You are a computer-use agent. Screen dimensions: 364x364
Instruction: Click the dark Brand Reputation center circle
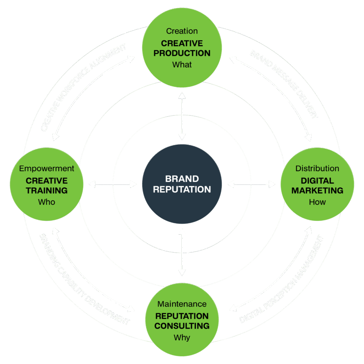(x=182, y=184)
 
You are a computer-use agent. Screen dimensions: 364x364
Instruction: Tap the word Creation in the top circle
(x=182, y=31)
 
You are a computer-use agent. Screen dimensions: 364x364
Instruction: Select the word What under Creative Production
(x=182, y=65)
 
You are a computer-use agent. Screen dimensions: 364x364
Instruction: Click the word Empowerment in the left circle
(x=47, y=168)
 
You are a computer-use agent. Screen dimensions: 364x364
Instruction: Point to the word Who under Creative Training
(x=47, y=202)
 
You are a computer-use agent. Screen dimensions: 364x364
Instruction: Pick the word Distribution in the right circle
(x=317, y=168)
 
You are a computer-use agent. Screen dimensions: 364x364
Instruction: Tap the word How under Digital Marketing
(x=317, y=202)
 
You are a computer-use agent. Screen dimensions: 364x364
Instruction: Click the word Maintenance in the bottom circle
(x=182, y=304)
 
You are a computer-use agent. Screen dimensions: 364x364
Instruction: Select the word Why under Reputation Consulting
(x=182, y=338)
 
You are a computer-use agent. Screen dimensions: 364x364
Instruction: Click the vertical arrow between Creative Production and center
(x=182, y=116)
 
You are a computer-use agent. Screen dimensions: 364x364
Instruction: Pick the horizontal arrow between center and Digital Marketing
(x=251, y=184)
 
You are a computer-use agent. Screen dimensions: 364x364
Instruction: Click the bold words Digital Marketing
(x=317, y=186)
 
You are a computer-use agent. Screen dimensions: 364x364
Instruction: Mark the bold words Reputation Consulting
(x=182, y=321)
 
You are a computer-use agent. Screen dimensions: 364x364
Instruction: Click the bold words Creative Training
(x=47, y=186)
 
